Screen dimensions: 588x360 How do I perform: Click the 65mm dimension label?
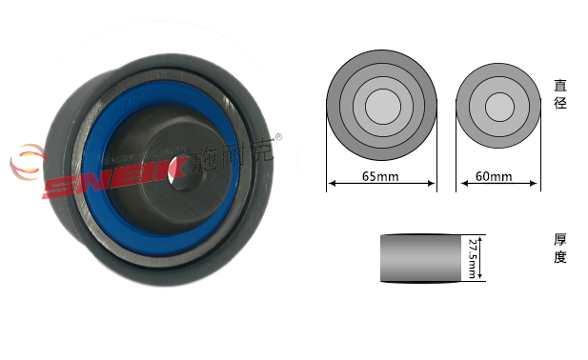(x=380, y=176)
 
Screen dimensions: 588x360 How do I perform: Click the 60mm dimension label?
(x=494, y=176)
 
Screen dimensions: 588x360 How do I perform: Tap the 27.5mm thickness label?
(x=473, y=258)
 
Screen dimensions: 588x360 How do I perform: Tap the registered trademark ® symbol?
(x=278, y=137)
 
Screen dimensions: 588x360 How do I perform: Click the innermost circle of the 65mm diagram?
(x=382, y=107)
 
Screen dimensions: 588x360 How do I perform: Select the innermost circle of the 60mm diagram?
(x=499, y=107)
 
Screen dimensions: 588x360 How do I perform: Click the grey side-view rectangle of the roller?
(x=420, y=258)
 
